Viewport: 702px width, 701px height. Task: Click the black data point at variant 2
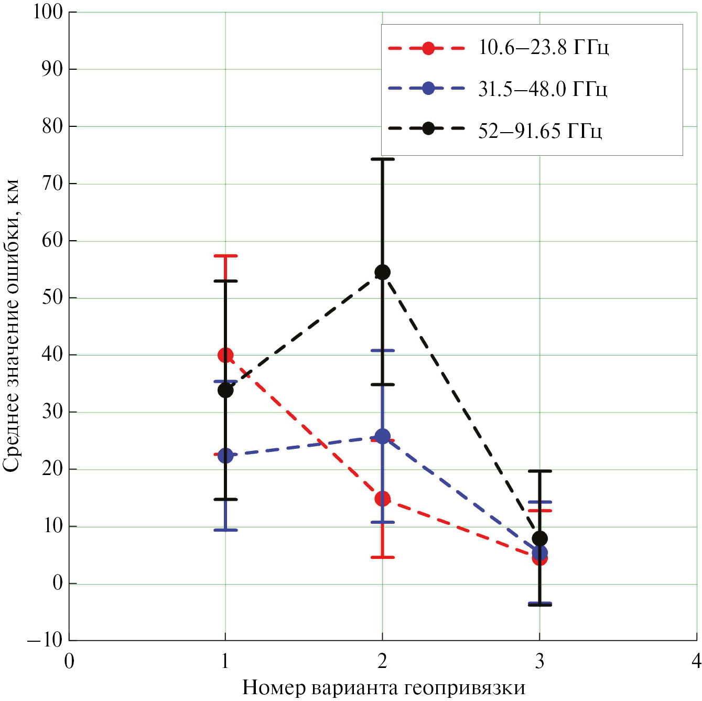coord(382,272)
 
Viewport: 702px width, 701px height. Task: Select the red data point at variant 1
coord(225,355)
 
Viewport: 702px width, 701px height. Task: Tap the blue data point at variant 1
coord(225,456)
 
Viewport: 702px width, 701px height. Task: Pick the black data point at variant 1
coord(225,390)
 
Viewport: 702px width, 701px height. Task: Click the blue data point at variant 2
coord(383,436)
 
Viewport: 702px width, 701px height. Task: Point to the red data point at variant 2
coord(383,499)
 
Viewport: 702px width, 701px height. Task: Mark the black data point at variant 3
coord(539,538)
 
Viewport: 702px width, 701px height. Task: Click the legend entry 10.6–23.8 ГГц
coord(543,48)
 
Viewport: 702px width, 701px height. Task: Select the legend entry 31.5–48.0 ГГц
coord(542,89)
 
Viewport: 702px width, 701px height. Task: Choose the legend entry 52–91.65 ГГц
coord(539,131)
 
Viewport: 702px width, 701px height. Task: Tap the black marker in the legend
coord(428,128)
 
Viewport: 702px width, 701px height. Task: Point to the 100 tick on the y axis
coord(48,12)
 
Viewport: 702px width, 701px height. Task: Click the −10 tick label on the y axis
coord(45,640)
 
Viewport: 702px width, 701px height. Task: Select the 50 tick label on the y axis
coord(52,297)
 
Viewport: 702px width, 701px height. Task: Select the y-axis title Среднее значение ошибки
coord(12,325)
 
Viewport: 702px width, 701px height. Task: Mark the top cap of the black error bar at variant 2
coord(382,159)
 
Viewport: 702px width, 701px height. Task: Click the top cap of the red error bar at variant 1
coord(225,256)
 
